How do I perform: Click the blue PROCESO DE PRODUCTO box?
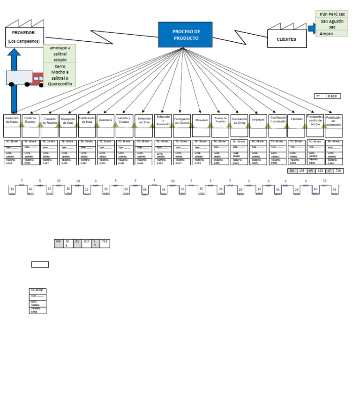coord(185,35)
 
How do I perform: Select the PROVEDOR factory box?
coord(25,37)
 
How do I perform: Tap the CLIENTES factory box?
coord(286,39)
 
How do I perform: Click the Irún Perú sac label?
coord(332,15)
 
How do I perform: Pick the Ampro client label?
coord(327,33)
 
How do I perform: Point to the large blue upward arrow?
coord(14,80)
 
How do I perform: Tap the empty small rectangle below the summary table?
coord(40,264)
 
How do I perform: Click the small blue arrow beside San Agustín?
coord(312,28)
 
